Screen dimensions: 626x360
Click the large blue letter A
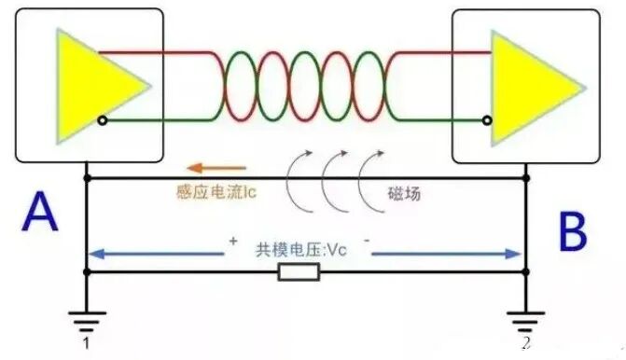point(39,212)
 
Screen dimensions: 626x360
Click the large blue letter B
point(573,231)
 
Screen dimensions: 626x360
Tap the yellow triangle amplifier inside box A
point(96,86)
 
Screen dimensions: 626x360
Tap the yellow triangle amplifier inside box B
point(531,89)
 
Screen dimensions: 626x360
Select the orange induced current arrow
point(216,168)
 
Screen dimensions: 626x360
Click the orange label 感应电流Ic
point(216,192)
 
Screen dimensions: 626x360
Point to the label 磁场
point(404,194)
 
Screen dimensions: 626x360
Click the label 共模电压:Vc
point(301,250)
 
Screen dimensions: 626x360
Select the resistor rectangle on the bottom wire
point(299,272)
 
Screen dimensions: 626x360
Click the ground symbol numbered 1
point(87,321)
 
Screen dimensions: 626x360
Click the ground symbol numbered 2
point(526,321)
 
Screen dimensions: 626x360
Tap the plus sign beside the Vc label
point(233,241)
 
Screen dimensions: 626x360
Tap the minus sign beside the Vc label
point(367,241)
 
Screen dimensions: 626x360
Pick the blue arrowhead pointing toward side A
point(96,254)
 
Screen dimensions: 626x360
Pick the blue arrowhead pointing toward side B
point(512,254)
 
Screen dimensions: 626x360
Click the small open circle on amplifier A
point(103,120)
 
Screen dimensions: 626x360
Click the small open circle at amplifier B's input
point(487,120)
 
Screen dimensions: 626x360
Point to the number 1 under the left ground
point(86,343)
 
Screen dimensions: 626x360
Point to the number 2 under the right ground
point(526,343)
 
